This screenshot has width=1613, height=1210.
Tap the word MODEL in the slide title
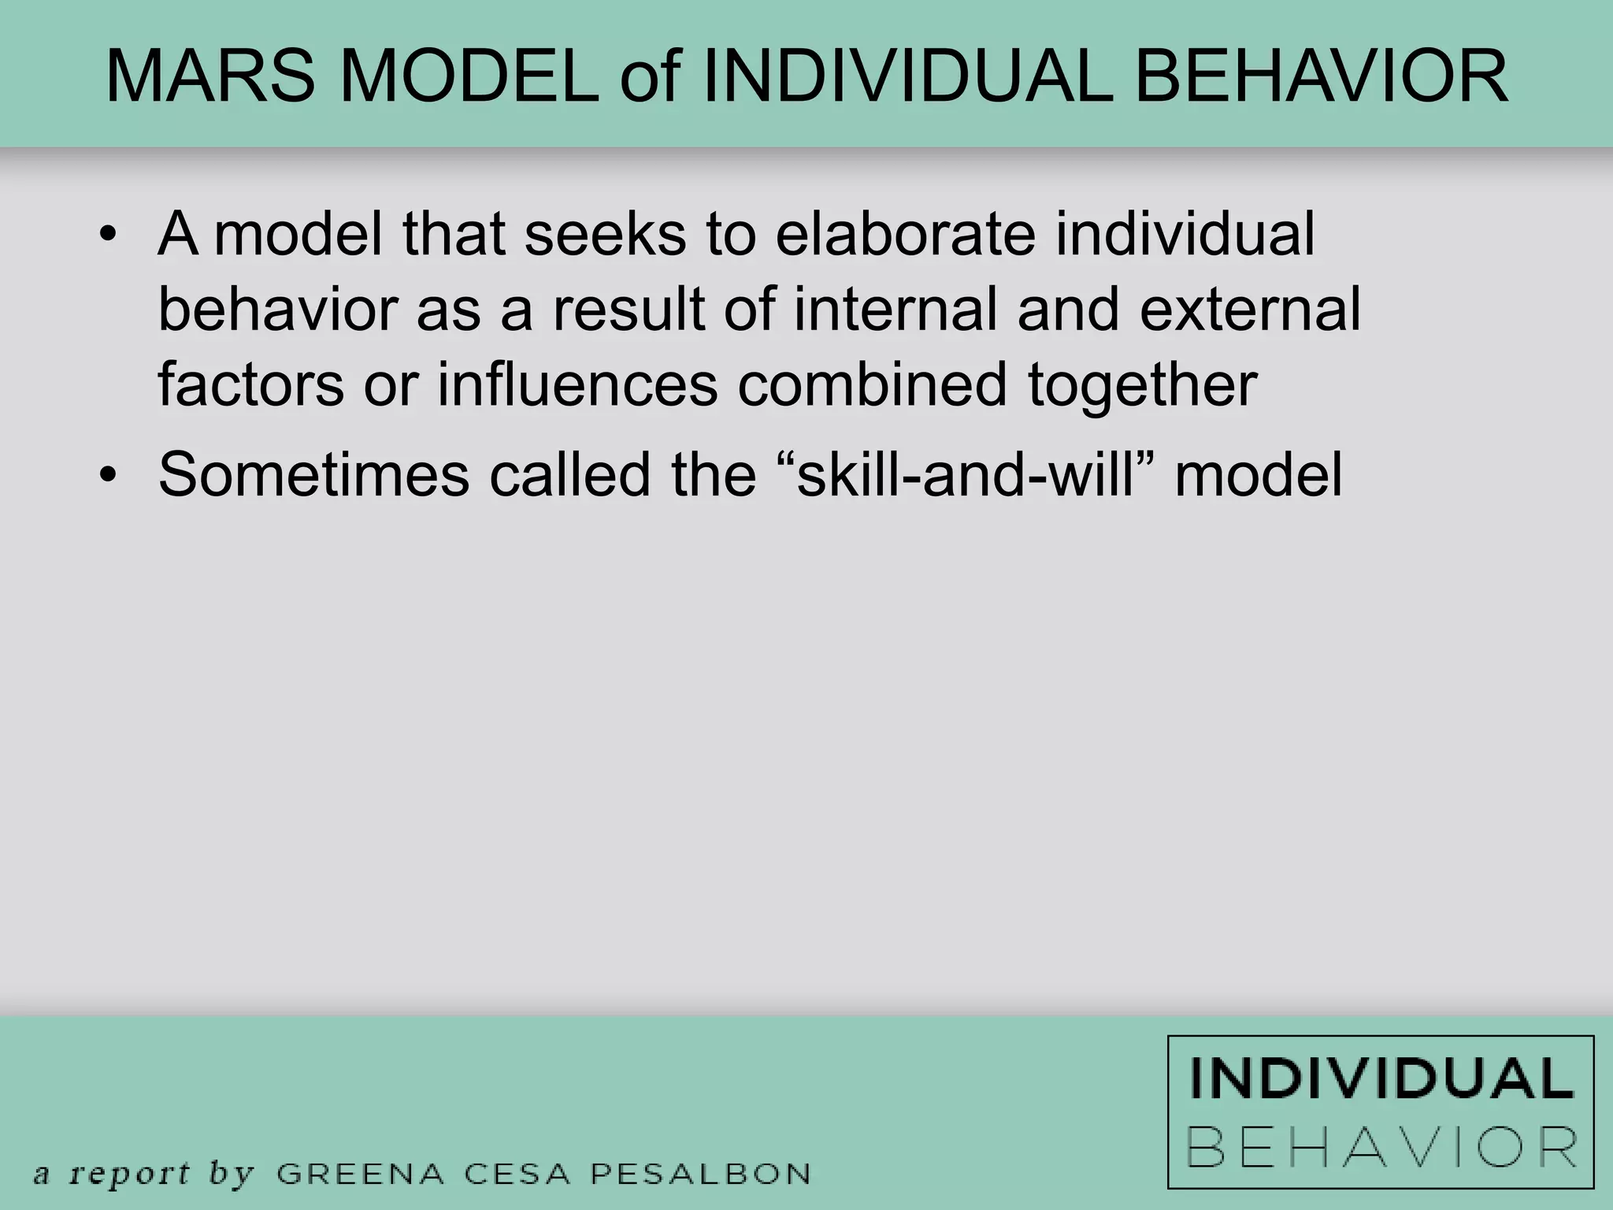coord(469,77)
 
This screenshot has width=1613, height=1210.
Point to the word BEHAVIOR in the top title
coord(1321,77)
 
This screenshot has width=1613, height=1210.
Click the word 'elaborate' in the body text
coord(906,234)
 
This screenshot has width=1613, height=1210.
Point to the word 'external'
coord(1250,309)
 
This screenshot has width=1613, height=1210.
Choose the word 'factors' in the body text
coord(250,384)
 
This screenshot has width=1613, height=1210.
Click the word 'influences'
coord(577,384)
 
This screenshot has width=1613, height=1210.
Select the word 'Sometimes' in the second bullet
coord(313,475)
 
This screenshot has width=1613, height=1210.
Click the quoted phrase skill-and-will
coord(964,475)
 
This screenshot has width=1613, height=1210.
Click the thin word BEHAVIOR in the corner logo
coord(1381,1148)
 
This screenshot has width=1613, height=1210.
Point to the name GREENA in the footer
coord(361,1173)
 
